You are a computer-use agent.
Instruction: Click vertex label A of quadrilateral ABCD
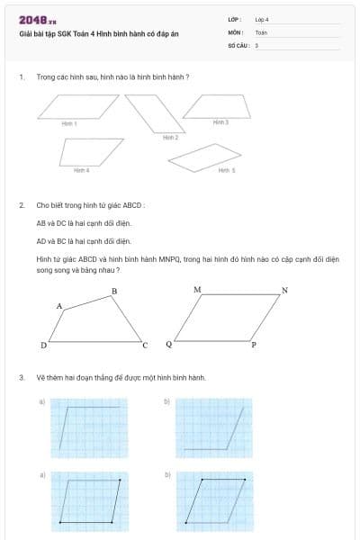pos(59,307)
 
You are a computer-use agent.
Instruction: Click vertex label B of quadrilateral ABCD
pos(113,292)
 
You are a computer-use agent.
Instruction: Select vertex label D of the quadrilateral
pos(42,345)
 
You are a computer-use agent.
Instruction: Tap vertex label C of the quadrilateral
pos(145,345)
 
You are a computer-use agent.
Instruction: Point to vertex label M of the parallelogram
pos(197,290)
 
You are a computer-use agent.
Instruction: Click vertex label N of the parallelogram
pos(284,290)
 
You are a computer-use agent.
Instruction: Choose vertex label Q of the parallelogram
pos(168,345)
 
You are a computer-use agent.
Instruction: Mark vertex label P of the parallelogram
pos(254,345)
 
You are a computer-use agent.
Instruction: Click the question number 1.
pos(21,77)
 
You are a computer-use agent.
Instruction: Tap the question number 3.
pos(21,377)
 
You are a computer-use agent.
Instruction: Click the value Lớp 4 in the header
pos(262,19)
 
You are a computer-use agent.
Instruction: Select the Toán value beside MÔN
pos(261,31)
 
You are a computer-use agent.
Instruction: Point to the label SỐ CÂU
pos(237,44)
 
